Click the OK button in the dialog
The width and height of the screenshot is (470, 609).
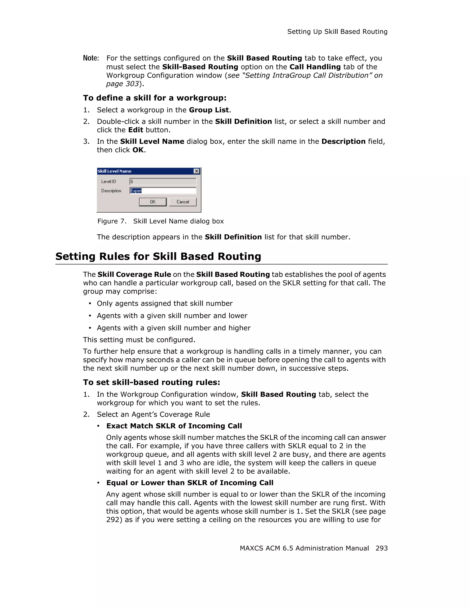153,202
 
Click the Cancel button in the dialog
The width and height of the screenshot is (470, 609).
183,202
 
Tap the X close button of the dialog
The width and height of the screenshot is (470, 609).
197,171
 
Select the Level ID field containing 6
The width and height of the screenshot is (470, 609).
163,181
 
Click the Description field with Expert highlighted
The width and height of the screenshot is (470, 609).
163,191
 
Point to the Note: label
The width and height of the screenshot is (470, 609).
91,58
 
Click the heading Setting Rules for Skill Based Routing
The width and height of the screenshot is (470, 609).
158,256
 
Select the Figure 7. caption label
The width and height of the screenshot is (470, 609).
112,221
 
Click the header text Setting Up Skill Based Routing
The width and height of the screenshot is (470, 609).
337,32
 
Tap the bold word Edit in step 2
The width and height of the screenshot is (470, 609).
136,130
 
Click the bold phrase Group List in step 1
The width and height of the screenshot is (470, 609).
209,110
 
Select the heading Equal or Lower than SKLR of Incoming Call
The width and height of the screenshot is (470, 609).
190,483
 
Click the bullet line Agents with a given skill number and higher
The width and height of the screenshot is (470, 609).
173,328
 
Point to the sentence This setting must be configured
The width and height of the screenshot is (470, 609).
139,340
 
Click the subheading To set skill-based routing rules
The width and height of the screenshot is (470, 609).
151,382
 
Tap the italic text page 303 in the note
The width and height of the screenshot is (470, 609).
123,84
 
